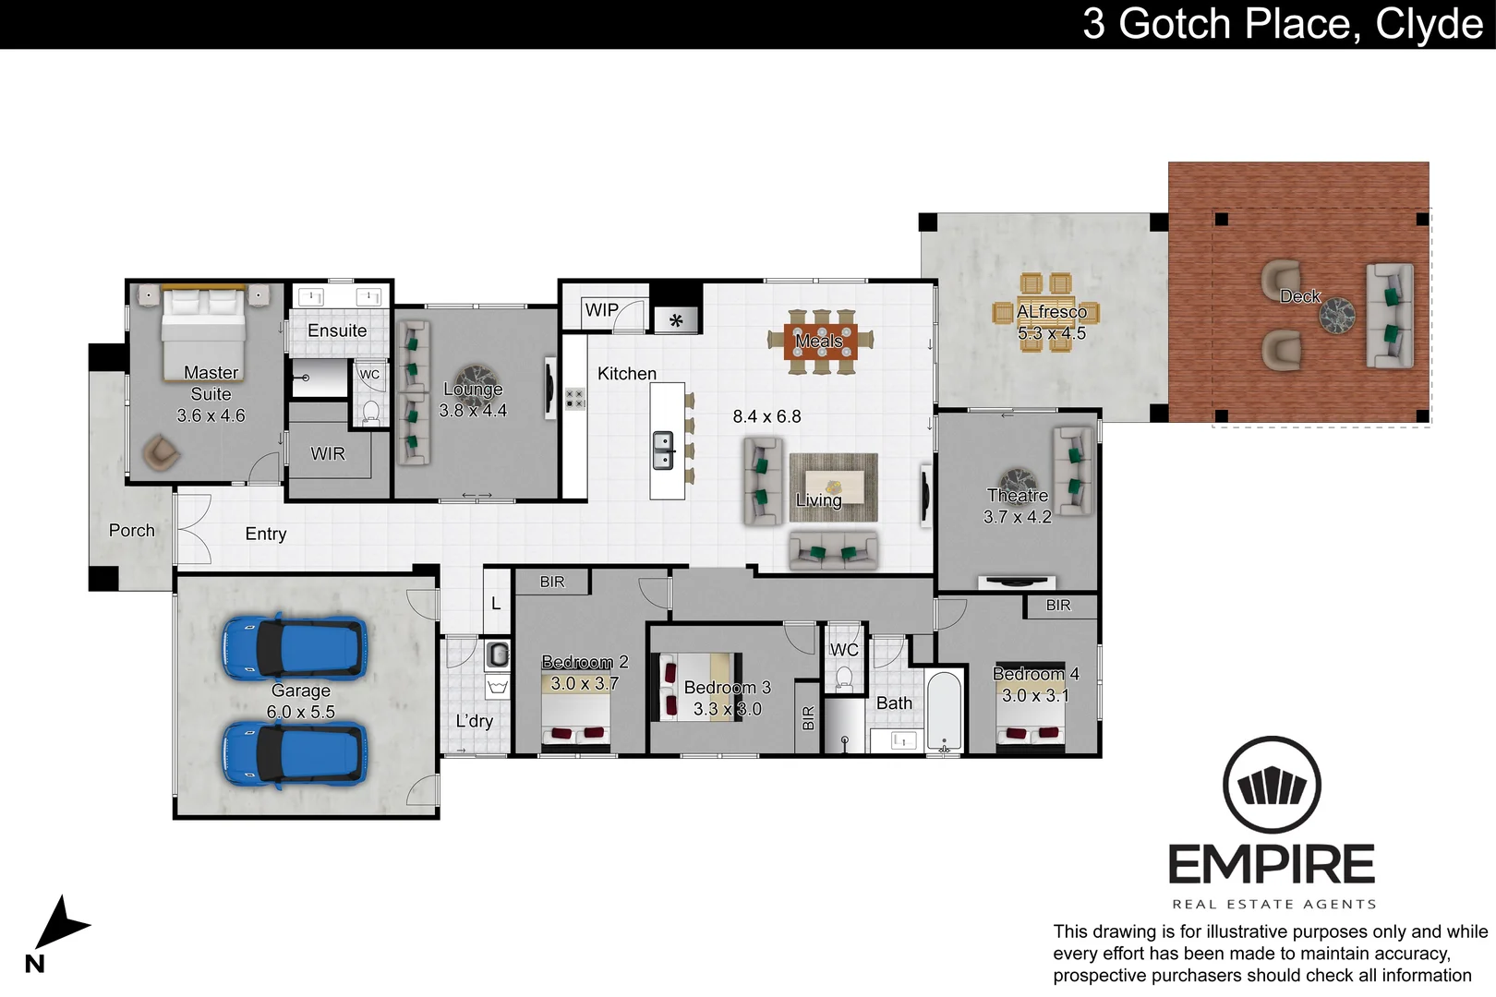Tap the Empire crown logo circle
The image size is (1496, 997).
(1272, 786)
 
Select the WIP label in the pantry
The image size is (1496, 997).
(601, 310)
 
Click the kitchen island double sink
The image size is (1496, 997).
(663, 450)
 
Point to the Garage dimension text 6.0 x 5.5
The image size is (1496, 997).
(300, 712)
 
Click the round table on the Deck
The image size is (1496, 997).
(1335, 317)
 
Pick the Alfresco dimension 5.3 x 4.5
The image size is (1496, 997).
(1052, 333)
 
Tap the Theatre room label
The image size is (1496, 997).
(1018, 496)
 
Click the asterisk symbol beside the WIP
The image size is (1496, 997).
(676, 321)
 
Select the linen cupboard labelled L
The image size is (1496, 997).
(496, 603)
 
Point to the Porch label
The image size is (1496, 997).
(132, 531)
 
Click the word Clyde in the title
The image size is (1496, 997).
(1429, 24)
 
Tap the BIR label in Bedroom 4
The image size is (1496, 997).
(1058, 606)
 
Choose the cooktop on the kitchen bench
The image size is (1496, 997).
(575, 399)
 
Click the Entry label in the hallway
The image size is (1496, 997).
(266, 534)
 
